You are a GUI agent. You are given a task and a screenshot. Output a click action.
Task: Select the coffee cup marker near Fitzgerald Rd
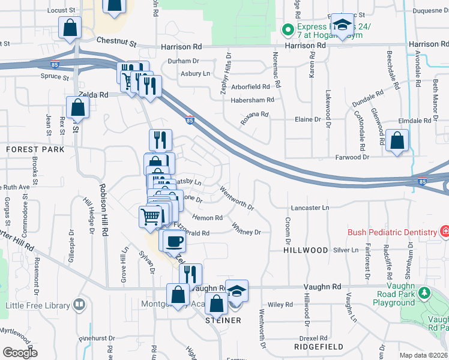[174, 241]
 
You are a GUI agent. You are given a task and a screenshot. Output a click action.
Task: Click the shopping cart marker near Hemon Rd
[150, 217]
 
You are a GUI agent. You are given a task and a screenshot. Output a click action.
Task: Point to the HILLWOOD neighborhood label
[306, 250]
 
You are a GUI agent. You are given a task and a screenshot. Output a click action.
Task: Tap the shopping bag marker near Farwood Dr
[397, 141]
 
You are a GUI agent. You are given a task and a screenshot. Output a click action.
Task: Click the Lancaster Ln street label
[310, 208]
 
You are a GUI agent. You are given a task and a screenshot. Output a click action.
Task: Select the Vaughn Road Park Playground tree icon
[425, 293]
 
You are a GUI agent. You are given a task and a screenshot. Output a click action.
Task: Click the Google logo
[20, 353]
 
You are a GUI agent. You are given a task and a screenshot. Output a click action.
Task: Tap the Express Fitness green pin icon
[288, 28]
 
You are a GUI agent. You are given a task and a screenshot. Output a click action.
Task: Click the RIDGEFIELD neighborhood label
[319, 347]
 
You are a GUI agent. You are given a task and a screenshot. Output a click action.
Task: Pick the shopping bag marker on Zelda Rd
[77, 108]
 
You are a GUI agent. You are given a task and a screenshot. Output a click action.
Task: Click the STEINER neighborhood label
[223, 320]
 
